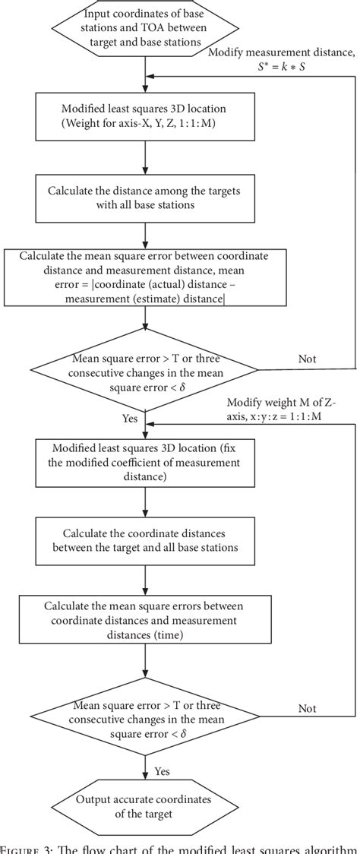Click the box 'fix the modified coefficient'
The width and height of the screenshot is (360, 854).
click(145, 461)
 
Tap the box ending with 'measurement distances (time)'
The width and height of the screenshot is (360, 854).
click(145, 621)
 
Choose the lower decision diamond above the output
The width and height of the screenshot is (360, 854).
click(145, 714)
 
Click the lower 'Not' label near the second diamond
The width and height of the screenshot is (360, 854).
click(307, 708)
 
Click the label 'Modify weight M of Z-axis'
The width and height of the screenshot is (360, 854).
click(284, 401)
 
